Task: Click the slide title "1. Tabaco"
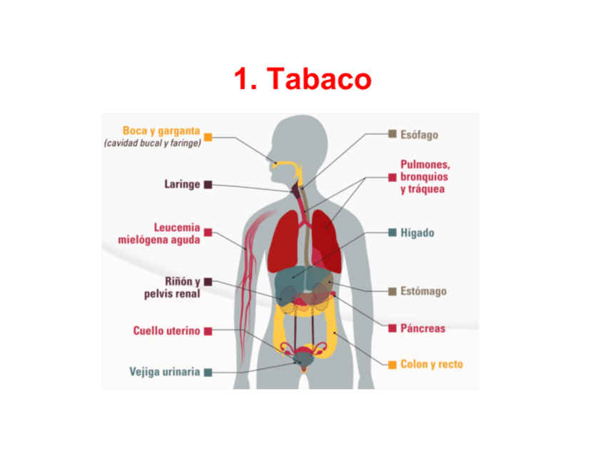coord(302,79)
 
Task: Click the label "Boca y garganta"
coord(161,131)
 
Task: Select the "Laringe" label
coord(182,184)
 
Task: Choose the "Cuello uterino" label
coord(167,331)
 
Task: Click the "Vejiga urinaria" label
coord(165,372)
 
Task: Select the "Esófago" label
coord(419,134)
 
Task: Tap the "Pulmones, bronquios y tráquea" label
coord(424,176)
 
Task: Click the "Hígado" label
coord(417,233)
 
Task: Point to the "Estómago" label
coord(423,291)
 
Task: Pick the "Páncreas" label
coord(422,328)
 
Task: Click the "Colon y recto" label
coord(431,365)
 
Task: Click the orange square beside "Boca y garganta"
coord(208,136)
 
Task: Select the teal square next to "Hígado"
coord(392,233)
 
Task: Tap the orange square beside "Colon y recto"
coord(392,365)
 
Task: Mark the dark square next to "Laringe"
coord(208,184)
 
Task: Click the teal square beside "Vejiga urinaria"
coord(208,372)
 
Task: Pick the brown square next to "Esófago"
coord(392,133)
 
